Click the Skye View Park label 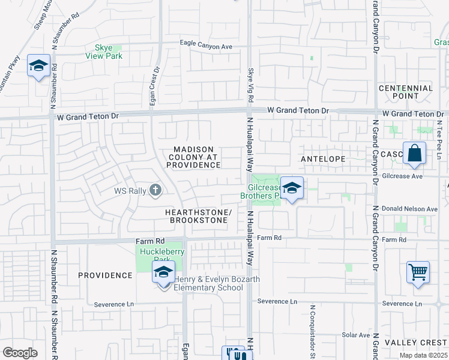pyautogui.click(x=109, y=52)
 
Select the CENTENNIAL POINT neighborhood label pyautogui.click(x=406, y=92)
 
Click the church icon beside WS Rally pyautogui.click(x=155, y=191)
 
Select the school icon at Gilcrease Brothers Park pyautogui.click(x=292, y=188)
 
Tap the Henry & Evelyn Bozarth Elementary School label pyautogui.click(x=208, y=283)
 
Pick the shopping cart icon pyautogui.click(x=418, y=271)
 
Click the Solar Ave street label pyautogui.click(x=355, y=335)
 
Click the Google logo pyautogui.click(x=20, y=352)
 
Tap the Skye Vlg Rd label pyautogui.click(x=251, y=87)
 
